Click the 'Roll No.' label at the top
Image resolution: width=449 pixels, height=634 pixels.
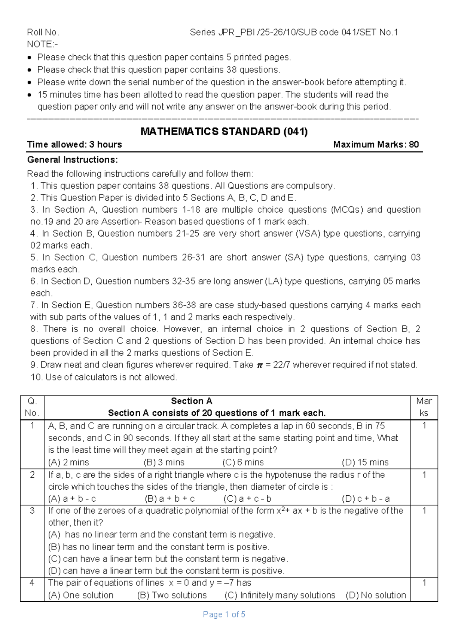point(43,32)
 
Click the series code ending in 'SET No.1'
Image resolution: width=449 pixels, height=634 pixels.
point(294,32)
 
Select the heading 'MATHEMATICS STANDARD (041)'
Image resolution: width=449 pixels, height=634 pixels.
point(224,132)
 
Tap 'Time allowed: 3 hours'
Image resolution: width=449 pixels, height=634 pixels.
point(74,145)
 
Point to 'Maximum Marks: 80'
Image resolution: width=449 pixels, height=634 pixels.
point(376,145)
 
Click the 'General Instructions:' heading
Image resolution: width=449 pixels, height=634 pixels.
point(73,160)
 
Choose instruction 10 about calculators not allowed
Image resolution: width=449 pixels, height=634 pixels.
point(104,377)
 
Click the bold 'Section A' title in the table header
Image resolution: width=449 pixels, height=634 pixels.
point(191,401)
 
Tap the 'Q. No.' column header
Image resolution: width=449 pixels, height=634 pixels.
point(32,407)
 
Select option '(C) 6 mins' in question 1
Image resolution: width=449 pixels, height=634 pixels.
point(243,462)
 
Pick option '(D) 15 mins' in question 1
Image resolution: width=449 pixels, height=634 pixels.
point(365,462)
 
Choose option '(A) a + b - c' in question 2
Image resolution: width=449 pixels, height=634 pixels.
point(72,499)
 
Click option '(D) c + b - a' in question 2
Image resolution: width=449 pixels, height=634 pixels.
point(366,499)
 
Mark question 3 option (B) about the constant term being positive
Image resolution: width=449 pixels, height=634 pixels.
point(159,547)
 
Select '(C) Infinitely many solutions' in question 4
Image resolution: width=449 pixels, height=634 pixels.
point(280,595)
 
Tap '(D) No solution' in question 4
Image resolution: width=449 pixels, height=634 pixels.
point(376,595)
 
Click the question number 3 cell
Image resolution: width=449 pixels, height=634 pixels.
point(32,511)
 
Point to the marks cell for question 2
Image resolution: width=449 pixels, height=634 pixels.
point(424,475)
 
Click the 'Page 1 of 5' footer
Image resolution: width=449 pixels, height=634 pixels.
point(224,615)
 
